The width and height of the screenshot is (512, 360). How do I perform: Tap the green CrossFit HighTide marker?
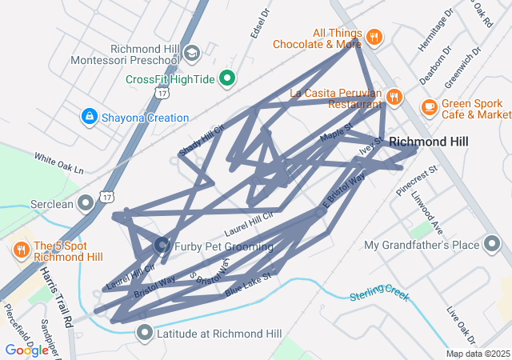coord(227,78)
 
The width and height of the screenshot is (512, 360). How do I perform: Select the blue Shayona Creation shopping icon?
coord(89,118)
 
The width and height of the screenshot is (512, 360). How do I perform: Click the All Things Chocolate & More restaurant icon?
coord(374,37)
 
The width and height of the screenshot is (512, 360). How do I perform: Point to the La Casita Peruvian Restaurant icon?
coord(393,98)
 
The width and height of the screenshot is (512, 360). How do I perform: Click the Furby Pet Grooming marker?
coord(161,245)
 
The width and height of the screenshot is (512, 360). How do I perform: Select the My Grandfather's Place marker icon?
coord(493,244)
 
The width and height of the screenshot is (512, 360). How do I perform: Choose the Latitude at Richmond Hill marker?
coord(145,332)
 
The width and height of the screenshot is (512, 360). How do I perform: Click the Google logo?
coord(26,350)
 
